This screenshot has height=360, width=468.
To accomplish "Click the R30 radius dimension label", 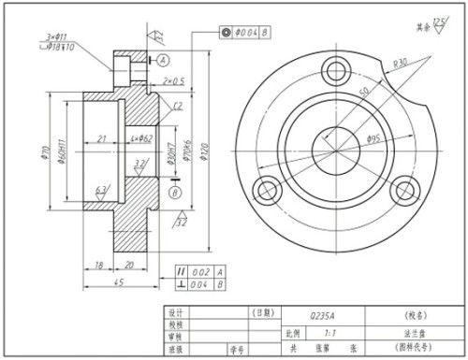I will tap(401, 63).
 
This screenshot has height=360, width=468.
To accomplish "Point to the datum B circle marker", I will tap(174, 192).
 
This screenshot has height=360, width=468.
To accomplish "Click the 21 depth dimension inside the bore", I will tap(100, 139).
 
